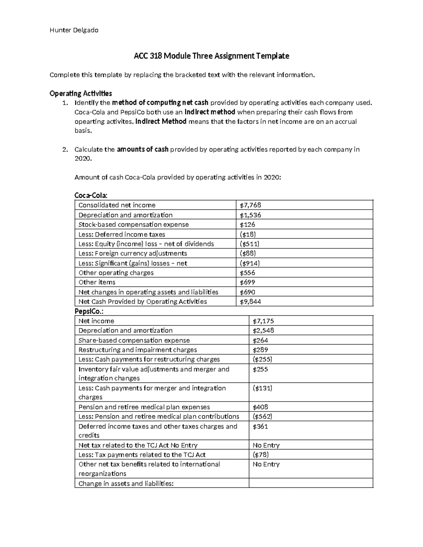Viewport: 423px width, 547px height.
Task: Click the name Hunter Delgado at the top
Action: (74, 30)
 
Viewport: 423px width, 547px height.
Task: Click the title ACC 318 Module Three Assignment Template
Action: (211, 56)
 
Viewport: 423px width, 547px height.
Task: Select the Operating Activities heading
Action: (81, 93)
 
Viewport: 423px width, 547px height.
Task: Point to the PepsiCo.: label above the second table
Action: (89, 311)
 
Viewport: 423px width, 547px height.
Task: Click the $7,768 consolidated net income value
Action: (250, 205)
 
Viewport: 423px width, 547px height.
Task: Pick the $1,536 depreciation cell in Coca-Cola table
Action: (250, 215)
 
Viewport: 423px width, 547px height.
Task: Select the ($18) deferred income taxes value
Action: (248, 235)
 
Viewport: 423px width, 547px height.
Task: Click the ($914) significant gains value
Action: (250, 263)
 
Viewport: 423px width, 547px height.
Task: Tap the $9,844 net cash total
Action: (250, 302)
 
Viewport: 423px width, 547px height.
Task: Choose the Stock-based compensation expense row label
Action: (134, 225)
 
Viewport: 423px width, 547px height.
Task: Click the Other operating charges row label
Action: (116, 273)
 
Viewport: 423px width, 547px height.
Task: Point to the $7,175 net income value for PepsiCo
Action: (263, 321)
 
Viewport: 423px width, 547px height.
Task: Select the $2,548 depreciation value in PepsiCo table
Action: (263, 331)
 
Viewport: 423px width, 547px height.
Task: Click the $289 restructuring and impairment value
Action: (260, 350)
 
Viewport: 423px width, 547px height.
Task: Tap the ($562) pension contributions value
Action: (263, 417)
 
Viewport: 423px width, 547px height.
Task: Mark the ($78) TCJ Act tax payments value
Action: (260, 455)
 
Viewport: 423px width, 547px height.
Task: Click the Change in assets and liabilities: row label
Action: (126, 484)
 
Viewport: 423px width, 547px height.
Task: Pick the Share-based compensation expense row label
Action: (134, 341)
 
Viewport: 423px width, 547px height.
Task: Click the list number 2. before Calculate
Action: (65, 150)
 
